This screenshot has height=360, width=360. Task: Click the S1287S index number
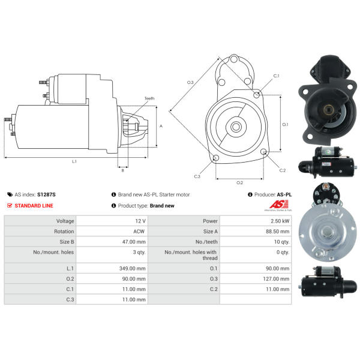pyautogui.click(x=46, y=194)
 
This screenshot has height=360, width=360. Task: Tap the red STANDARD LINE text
pyautogui.click(x=34, y=206)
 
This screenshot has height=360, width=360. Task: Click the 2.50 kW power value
pyautogui.click(x=280, y=221)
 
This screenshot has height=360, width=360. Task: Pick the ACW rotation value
pyautogui.click(x=139, y=232)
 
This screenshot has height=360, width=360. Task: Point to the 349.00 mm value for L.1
pyautogui.click(x=133, y=268)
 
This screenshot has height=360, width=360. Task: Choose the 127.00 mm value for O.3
pyautogui.click(x=276, y=279)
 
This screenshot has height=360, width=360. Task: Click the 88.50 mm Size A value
pyautogui.click(x=278, y=232)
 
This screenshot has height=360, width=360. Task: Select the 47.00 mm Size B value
pyautogui.click(x=134, y=242)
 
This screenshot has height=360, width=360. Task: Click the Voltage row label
pyautogui.click(x=65, y=221)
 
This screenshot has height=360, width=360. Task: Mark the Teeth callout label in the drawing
pyautogui.click(x=149, y=98)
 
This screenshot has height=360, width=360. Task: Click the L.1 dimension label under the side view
pyautogui.click(x=74, y=161)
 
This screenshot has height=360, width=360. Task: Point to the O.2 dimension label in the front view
pyautogui.click(x=239, y=183)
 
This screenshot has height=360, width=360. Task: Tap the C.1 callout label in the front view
pyautogui.click(x=276, y=76)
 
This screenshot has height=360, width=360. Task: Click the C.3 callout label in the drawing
pyautogui.click(x=197, y=176)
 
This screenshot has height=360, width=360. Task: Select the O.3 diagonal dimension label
pyautogui.click(x=190, y=82)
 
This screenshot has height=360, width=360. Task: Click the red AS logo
pyautogui.click(x=279, y=204)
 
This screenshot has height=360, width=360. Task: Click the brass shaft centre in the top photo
pyautogui.click(x=329, y=110)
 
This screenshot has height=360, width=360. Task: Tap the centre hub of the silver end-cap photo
pyautogui.click(x=328, y=232)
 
